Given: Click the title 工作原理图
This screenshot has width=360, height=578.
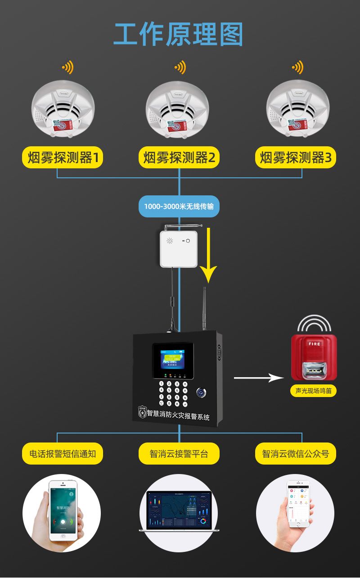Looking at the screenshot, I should (179, 34).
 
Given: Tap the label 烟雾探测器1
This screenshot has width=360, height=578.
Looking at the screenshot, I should (63, 158).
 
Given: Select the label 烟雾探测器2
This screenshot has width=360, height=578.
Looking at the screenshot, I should (179, 158).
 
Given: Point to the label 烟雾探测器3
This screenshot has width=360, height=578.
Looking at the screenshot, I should (296, 158).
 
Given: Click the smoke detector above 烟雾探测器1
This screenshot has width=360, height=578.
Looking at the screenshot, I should (63, 111).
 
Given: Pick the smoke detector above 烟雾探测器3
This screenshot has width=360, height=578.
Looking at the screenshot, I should (297, 111).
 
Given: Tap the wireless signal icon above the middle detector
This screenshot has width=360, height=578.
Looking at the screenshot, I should (180, 68).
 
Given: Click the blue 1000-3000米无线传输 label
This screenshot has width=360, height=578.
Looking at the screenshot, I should (179, 207).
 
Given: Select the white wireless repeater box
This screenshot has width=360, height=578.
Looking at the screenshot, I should (179, 248).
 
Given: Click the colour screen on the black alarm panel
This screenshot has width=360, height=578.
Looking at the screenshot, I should (173, 360).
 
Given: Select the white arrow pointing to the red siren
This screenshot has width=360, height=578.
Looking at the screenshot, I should (256, 378).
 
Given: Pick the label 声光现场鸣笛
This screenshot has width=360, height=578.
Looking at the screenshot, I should (313, 391).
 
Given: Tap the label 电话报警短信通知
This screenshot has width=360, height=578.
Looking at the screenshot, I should (63, 453).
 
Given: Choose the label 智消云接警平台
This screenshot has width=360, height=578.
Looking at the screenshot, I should (179, 453).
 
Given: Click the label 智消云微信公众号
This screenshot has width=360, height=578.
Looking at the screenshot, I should (296, 453).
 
